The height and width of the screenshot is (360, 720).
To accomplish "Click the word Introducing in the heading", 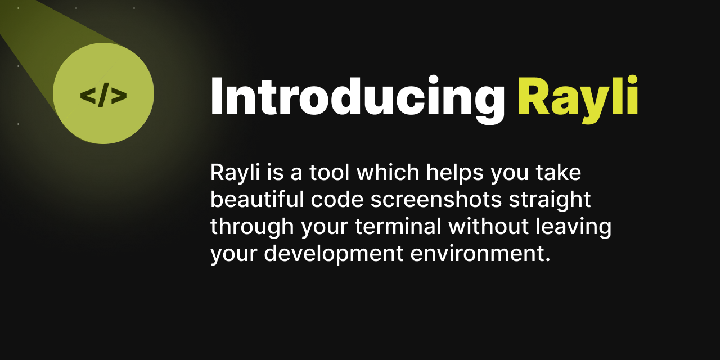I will click(x=357, y=97).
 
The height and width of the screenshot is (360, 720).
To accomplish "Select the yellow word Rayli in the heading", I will click(x=578, y=97).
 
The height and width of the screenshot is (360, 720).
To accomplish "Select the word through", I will click(x=251, y=227).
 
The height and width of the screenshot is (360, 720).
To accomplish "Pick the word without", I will click(x=489, y=227).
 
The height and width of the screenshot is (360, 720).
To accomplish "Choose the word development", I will click(x=334, y=254).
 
